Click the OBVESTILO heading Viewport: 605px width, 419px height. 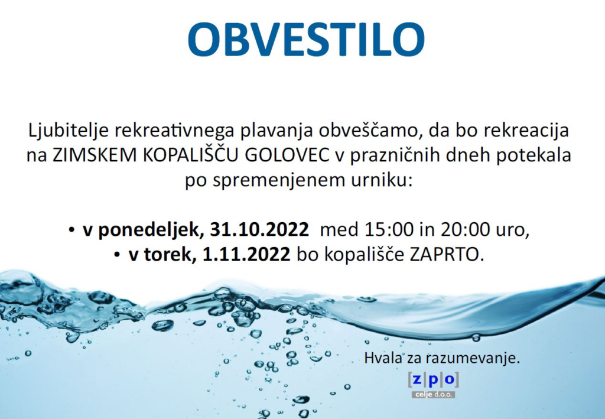pos(306,40)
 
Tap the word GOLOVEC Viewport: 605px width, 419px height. pos(288,155)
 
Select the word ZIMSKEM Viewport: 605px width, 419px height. pos(95,155)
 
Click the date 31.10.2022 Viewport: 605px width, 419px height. pos(259,230)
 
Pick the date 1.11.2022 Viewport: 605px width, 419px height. pos(246,255)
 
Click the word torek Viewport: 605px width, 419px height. pos(167,255)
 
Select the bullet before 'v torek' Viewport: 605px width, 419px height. pos(117,255)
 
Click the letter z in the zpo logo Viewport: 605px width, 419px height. pos(417,379)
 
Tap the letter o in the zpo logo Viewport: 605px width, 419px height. pos(450,379)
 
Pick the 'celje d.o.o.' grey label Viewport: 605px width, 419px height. pos(433,395)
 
